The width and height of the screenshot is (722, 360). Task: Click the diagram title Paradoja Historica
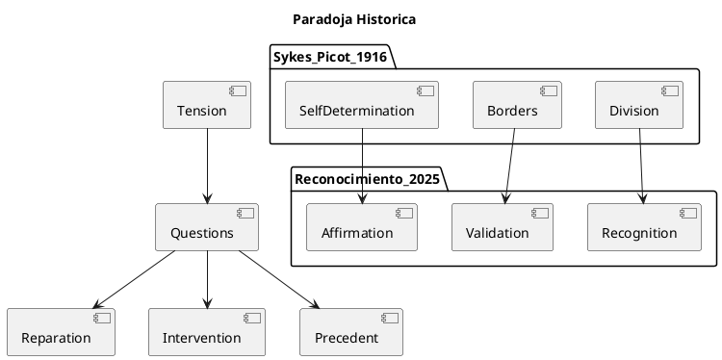point(354,19)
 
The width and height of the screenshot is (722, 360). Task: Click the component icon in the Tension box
point(238,91)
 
